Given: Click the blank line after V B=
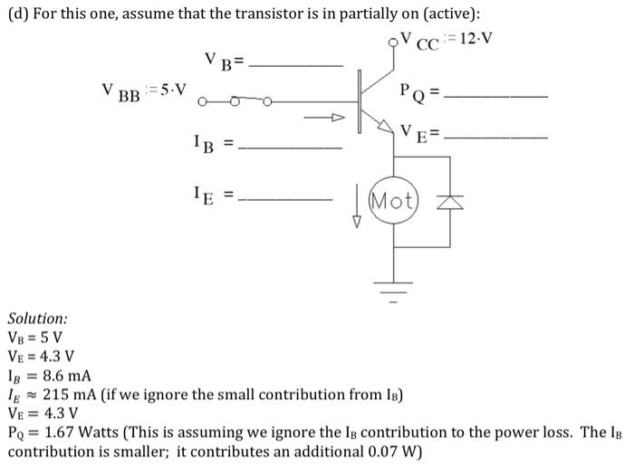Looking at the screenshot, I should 295,66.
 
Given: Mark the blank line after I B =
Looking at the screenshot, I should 295,148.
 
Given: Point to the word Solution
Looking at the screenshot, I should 37,319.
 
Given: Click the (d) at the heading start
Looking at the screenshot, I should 17,13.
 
